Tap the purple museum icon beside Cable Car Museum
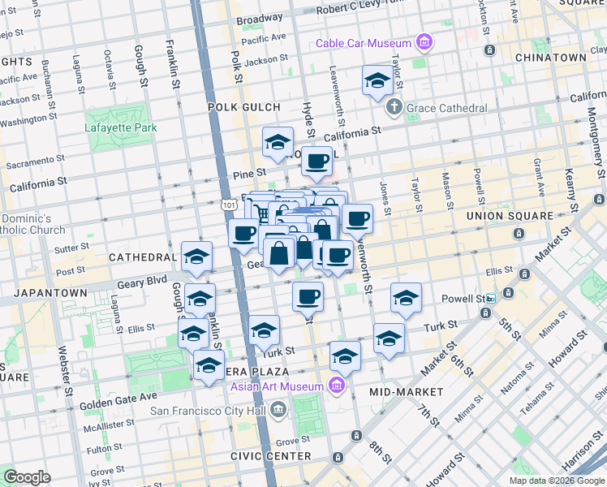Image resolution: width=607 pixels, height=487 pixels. [423, 41]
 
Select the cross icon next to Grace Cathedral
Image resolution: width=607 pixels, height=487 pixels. [394, 107]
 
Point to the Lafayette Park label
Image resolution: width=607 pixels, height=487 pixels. [118, 127]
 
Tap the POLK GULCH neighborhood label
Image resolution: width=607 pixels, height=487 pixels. [244, 107]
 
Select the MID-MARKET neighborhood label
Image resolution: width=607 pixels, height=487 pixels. [407, 392]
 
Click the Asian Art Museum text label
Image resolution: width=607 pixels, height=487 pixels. [277, 386]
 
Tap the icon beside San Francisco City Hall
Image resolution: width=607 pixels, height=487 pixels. [279, 408]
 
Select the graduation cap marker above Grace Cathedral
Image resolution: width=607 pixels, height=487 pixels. [377, 81]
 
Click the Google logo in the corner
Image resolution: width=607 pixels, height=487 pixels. [28, 476]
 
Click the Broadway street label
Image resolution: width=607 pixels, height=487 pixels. [260, 18]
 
